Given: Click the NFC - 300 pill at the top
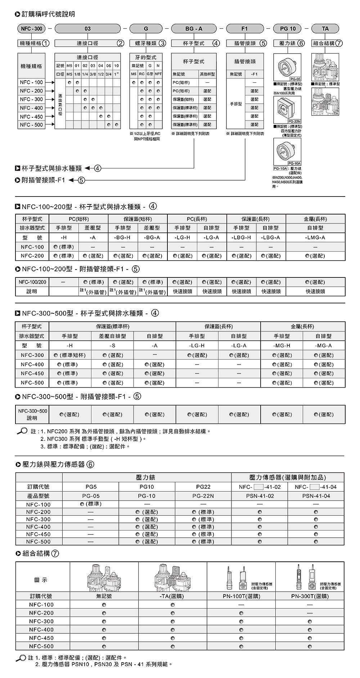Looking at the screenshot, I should (x=31, y=29).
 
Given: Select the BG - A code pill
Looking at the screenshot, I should (x=194, y=29).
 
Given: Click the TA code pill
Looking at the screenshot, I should (x=325, y=29).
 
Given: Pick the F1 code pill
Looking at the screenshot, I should (x=244, y=29).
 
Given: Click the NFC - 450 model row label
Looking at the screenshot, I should (x=31, y=117).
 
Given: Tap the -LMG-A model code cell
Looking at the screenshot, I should (x=315, y=238).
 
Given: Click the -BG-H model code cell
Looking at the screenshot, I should (x=122, y=238).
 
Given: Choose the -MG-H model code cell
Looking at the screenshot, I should (x=282, y=345).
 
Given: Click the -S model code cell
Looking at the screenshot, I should (x=112, y=345).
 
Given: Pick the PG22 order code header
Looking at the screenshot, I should (x=203, y=487).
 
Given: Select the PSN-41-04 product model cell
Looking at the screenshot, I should (x=316, y=496).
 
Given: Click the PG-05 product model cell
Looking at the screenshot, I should (x=91, y=496).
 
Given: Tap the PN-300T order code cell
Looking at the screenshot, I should (x=310, y=596).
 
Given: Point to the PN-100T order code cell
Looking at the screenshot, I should (x=241, y=596).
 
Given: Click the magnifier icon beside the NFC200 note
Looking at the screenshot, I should (x=22, y=431).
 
